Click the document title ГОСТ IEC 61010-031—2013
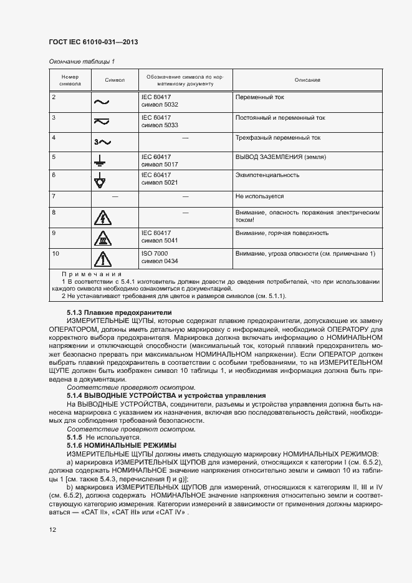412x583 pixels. pos(93,42)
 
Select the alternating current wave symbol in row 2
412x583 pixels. pos(101,101)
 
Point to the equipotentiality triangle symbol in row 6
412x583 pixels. pos(100,181)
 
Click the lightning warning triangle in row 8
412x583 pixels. pos(101,218)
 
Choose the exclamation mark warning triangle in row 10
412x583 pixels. pos(101,259)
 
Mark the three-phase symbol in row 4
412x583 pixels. pos(100,142)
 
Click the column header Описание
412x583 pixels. pos(307,80)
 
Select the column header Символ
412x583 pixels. pos(115,80)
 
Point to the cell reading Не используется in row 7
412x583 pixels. pos(259,196)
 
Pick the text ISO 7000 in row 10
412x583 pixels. pos(155,254)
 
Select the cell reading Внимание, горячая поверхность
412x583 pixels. pos(282,233)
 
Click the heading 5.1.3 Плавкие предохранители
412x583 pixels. pos(118,312)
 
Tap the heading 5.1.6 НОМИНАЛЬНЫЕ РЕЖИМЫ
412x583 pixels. pos(122,445)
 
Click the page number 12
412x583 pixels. pos(53,530)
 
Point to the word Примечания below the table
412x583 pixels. pos(91,274)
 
